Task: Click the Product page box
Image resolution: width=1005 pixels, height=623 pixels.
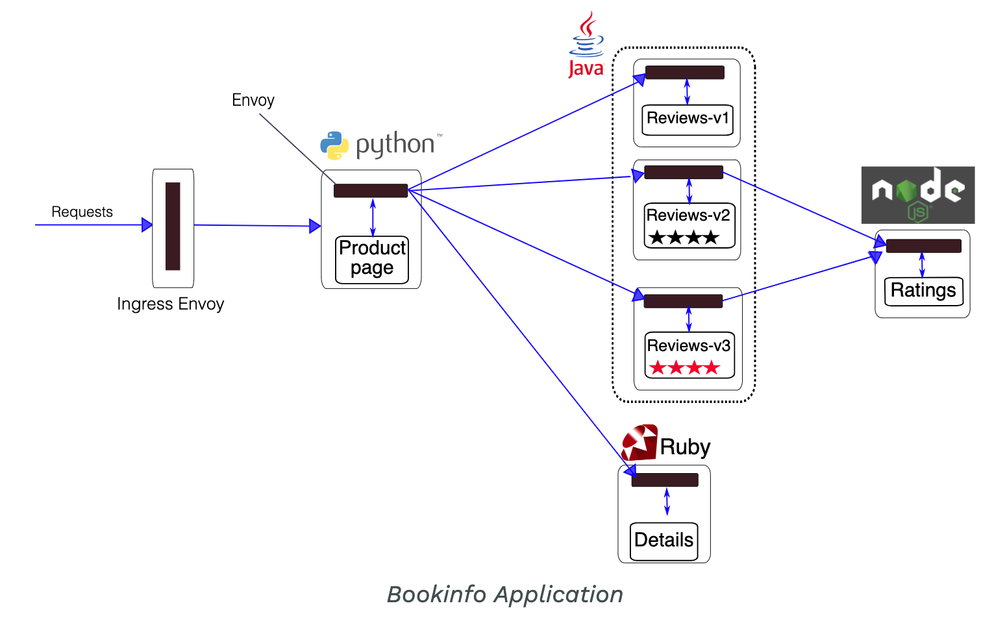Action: pyautogui.click(x=372, y=260)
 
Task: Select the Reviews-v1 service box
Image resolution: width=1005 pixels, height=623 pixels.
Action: pyautogui.click(x=688, y=119)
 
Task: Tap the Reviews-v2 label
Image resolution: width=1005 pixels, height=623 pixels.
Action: pyautogui.click(x=688, y=215)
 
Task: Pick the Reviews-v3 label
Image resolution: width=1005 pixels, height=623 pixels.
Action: pyautogui.click(x=689, y=346)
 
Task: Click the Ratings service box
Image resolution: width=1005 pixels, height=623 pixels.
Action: pyautogui.click(x=923, y=291)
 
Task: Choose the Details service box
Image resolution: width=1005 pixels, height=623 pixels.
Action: pyautogui.click(x=664, y=541)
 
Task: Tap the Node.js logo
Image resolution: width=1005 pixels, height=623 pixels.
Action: pyautogui.click(x=917, y=195)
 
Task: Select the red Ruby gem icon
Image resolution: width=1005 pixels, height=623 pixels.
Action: pyautogui.click(x=639, y=443)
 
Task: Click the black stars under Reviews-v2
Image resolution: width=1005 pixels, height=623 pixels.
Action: pyautogui.click(x=684, y=238)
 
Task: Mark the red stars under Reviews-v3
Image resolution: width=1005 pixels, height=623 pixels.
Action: pyautogui.click(x=684, y=368)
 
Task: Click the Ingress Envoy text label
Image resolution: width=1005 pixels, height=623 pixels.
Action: pyautogui.click(x=170, y=304)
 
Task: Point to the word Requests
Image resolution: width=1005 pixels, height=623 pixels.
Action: pyautogui.click(x=82, y=212)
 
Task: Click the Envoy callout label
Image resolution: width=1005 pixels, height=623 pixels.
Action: pyautogui.click(x=253, y=101)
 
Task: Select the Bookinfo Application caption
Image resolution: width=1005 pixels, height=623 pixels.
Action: pyautogui.click(x=504, y=594)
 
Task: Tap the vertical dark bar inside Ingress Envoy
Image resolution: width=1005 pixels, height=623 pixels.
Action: pyautogui.click(x=173, y=226)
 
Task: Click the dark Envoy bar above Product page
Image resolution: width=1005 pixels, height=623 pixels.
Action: pyautogui.click(x=371, y=191)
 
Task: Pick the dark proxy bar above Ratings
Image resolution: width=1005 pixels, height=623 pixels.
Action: pyautogui.click(x=923, y=246)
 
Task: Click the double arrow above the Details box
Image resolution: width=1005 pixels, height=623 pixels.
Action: pyautogui.click(x=667, y=502)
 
